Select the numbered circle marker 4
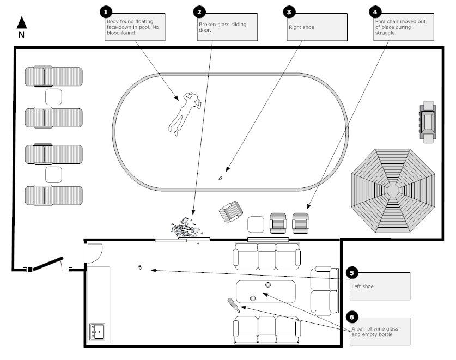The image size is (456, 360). click(374, 11)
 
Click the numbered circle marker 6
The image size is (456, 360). click(351, 316)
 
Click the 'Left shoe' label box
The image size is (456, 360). click(380, 285)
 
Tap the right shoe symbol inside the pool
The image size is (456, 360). click(220, 178)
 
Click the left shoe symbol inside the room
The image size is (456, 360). click(141, 267)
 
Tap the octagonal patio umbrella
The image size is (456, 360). click(392, 191)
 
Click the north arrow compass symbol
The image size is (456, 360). click(22, 23)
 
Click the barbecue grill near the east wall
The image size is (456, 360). click(427, 122)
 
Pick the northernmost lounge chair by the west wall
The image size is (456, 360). click(54, 76)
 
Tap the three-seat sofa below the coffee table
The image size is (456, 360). click(266, 329)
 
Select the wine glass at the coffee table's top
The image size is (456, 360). click(268, 285)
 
